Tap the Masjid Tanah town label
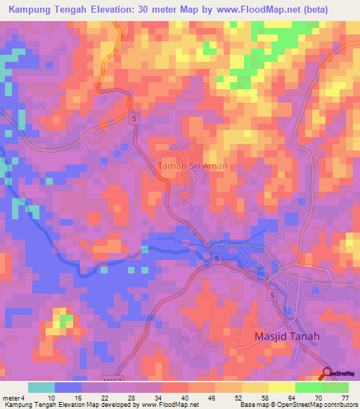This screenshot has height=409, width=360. pos(286,337)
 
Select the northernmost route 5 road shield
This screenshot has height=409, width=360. pos(134,120)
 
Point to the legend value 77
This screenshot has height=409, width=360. pos(345,397)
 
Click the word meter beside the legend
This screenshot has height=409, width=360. pos(11,397)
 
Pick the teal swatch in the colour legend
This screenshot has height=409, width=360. pos(41,387)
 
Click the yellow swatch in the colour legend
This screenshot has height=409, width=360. pos(281,387)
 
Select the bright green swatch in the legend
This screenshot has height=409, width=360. pos(308,387)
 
